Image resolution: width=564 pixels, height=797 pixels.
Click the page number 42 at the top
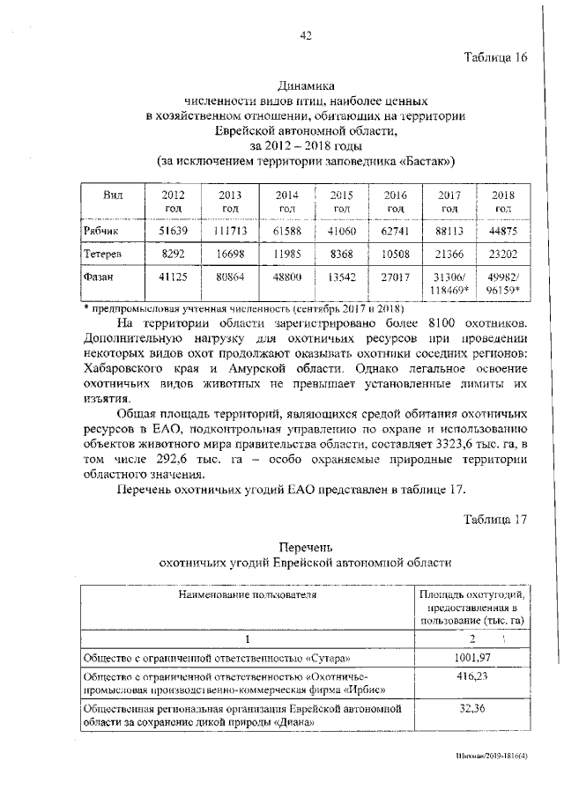pos(306,35)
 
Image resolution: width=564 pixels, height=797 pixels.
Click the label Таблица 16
pos(495,58)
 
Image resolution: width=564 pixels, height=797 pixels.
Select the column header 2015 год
pos(340,201)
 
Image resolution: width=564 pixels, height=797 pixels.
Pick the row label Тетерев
pos(102,255)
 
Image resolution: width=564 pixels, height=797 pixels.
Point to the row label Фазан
pos(99,278)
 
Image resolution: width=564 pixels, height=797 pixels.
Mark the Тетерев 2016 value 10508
pos(394,255)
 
